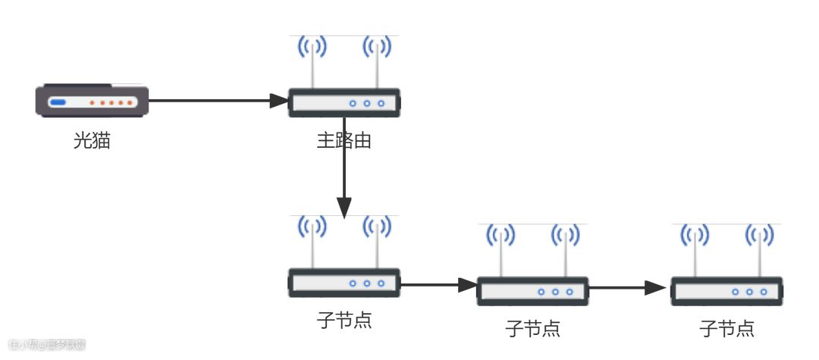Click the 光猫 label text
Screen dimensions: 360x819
(x=92, y=140)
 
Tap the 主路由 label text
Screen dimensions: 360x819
(x=344, y=140)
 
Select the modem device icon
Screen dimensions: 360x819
(x=92, y=101)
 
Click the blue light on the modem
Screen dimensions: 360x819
(x=58, y=102)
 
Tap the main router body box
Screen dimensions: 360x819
(x=344, y=102)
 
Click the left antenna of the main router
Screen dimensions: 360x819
(x=312, y=61)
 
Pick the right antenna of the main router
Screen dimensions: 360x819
(x=377, y=61)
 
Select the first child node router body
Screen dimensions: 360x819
(x=344, y=283)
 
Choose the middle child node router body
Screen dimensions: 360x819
(x=532, y=291)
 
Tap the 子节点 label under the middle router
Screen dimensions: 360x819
(x=532, y=328)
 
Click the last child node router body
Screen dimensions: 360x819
(x=726, y=291)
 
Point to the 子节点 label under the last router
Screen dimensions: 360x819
(x=726, y=328)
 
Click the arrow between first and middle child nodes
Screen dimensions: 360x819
(x=438, y=286)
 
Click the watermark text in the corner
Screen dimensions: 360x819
(x=43, y=345)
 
